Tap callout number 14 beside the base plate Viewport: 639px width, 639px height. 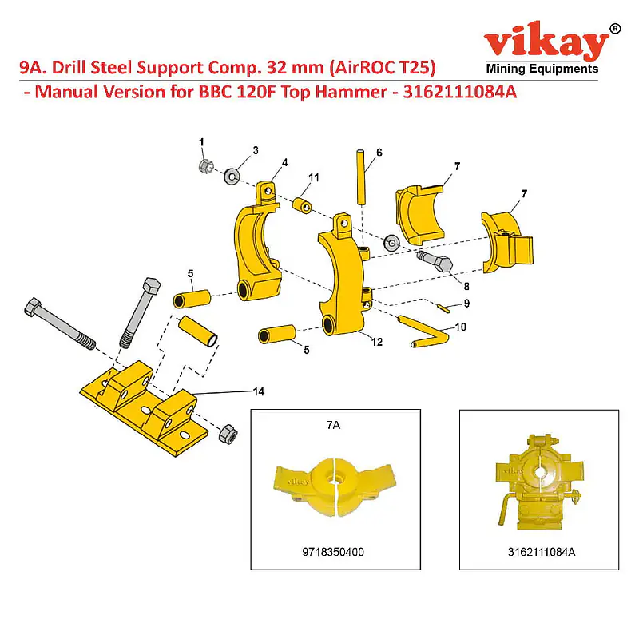[259, 391]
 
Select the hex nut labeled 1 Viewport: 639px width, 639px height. [207, 165]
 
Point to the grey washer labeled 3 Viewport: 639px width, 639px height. [232, 177]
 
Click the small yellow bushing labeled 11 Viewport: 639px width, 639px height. [302, 205]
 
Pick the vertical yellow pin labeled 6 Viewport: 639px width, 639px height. [362, 177]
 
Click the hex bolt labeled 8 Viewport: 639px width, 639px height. [435, 262]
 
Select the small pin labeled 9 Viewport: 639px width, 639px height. [443, 308]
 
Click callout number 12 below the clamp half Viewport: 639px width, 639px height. [377, 342]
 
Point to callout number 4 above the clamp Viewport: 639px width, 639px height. [285, 163]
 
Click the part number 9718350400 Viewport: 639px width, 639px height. [333, 552]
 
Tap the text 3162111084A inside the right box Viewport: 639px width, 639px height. [542, 552]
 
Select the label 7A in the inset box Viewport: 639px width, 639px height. [333, 426]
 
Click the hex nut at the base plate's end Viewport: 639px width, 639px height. [228, 435]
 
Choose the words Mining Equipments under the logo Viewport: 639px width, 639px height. [542, 69]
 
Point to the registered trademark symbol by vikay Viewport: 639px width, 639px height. [615, 28]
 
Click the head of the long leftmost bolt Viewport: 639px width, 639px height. [33, 307]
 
